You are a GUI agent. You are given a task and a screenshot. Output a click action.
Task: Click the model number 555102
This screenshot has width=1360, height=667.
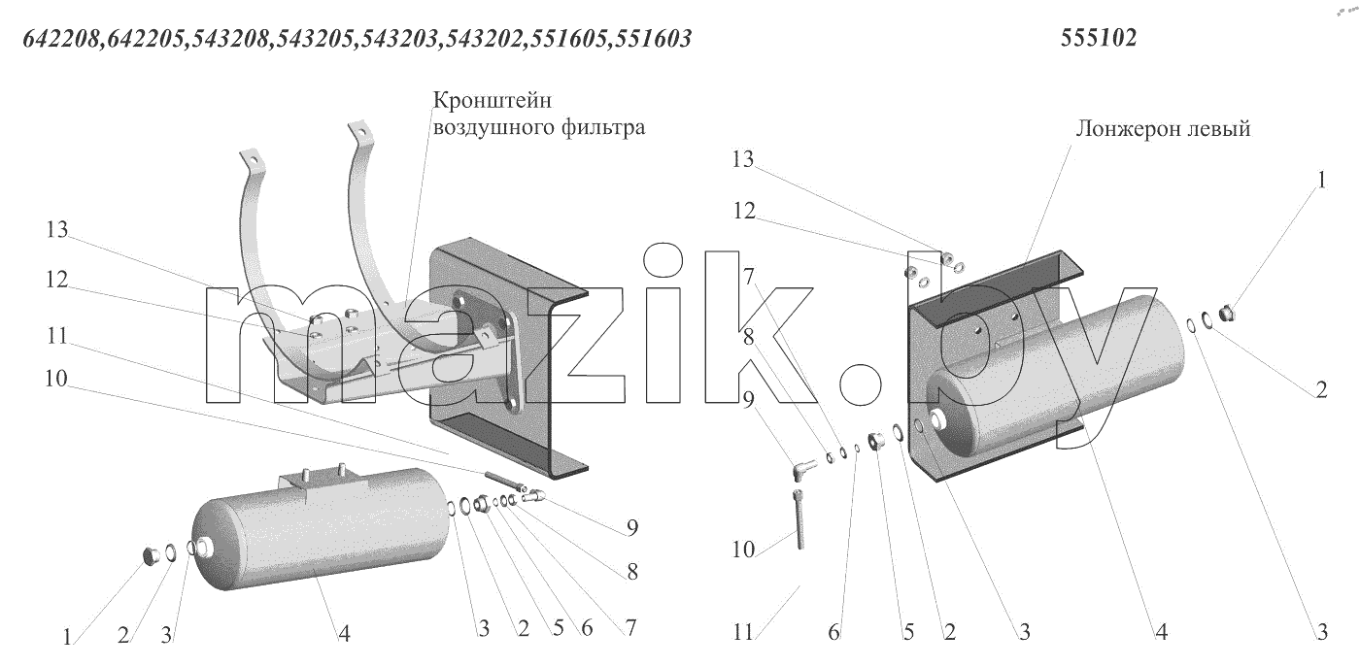[x=1099, y=38]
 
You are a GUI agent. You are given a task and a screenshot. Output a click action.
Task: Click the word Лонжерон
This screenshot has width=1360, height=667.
[x=1126, y=129]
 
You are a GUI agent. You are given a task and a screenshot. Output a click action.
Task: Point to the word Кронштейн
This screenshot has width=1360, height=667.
[x=493, y=100]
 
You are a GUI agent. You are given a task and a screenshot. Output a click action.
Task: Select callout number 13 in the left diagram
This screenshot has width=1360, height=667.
[x=56, y=229]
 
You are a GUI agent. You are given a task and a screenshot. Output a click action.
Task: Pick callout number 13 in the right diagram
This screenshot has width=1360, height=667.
[x=742, y=159]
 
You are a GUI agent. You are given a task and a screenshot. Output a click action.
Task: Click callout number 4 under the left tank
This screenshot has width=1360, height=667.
[x=344, y=634]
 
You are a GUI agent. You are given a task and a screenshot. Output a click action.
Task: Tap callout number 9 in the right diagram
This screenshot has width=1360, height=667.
[x=748, y=399]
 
